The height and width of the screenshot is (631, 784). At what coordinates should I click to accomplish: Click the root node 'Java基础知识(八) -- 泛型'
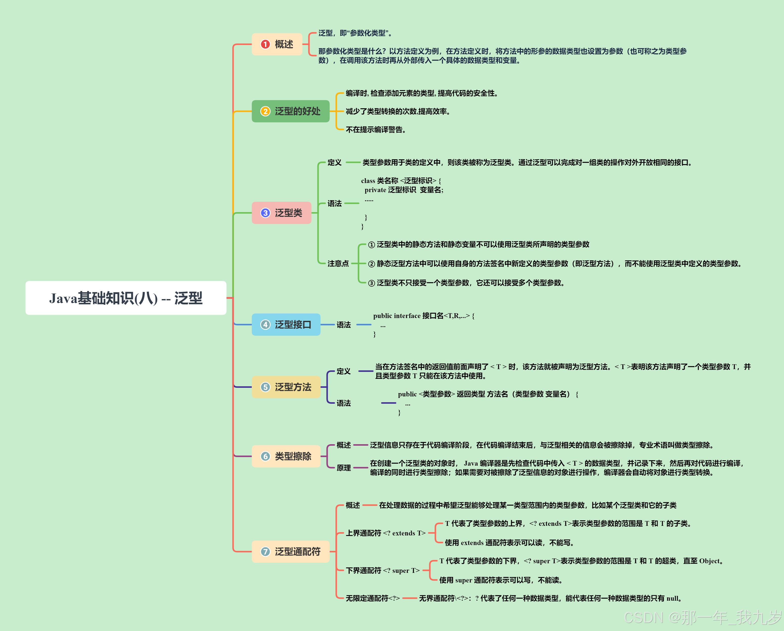point(126,298)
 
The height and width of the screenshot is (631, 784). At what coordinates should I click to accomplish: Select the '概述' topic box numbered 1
point(277,44)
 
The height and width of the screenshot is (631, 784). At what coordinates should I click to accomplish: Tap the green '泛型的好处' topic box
point(291,111)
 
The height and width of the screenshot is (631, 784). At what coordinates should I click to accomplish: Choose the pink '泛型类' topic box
point(281,213)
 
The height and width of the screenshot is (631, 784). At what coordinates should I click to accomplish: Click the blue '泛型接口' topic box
point(286,325)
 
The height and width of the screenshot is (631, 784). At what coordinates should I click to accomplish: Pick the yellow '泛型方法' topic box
point(286,387)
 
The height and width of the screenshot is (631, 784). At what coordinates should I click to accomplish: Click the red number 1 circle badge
point(265,44)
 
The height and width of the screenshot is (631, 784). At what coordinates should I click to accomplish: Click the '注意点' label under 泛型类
point(338,263)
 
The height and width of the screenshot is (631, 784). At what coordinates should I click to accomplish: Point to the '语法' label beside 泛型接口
point(343,325)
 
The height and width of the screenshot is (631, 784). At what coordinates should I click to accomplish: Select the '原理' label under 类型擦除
point(343,468)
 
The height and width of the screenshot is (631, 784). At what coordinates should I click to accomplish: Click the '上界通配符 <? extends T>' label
point(385,533)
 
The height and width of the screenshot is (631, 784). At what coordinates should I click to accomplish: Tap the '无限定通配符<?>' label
point(372,598)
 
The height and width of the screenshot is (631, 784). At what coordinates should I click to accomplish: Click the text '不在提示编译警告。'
point(376,130)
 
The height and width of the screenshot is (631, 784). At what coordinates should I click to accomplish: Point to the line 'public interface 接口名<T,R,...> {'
point(424,316)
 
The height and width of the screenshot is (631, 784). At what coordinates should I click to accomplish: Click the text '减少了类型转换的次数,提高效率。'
point(398,111)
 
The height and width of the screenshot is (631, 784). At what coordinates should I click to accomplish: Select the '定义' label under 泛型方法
point(343,371)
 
